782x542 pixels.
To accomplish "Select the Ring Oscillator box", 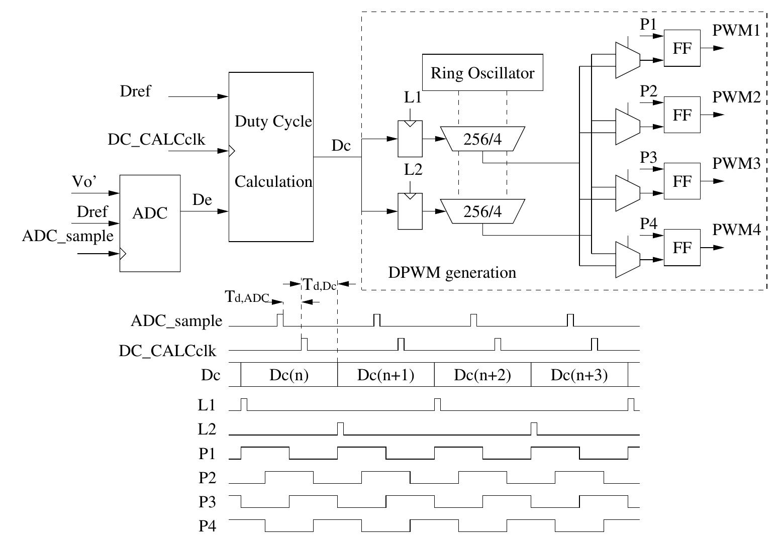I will click(x=482, y=73).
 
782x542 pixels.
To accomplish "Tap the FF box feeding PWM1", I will click(x=682, y=48).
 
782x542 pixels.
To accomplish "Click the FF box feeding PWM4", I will click(x=682, y=248).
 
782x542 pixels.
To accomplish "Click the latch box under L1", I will click(x=410, y=139).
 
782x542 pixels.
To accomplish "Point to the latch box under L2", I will click(x=410, y=211).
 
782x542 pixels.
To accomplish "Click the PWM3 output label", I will click(x=736, y=164).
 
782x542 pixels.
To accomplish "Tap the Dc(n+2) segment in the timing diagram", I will click(x=482, y=375).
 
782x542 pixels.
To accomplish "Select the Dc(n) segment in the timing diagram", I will click(x=288, y=375).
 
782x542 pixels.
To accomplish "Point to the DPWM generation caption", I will click(x=452, y=273).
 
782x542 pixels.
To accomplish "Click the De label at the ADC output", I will click(x=202, y=200).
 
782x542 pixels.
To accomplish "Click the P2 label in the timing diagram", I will click(x=208, y=478).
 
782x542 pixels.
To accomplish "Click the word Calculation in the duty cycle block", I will click(x=273, y=181).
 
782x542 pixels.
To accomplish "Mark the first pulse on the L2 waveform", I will click(x=341, y=429).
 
